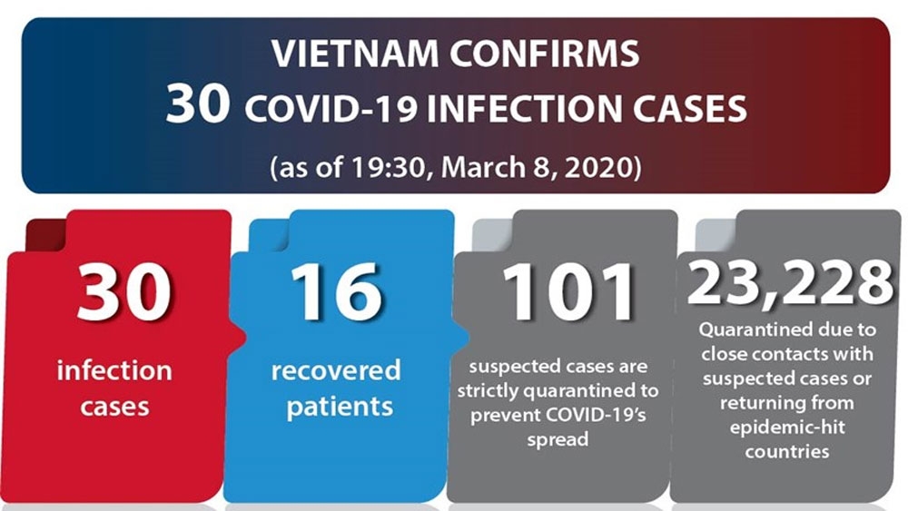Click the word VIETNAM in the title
coord(355,54)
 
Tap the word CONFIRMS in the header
coord(544,54)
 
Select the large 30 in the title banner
coord(197,104)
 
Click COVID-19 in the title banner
coord(331,110)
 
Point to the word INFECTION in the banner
coord(525,110)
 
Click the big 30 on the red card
coord(123,291)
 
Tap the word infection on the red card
coord(114,369)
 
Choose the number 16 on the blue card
coord(338,291)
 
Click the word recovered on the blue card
coord(336,370)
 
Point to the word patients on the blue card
coord(340,407)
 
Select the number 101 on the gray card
coord(568,291)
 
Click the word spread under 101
coord(558,440)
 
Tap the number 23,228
coord(790,283)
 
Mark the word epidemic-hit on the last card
coord(787,427)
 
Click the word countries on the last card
coord(787,451)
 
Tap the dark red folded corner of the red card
coord(46,235)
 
